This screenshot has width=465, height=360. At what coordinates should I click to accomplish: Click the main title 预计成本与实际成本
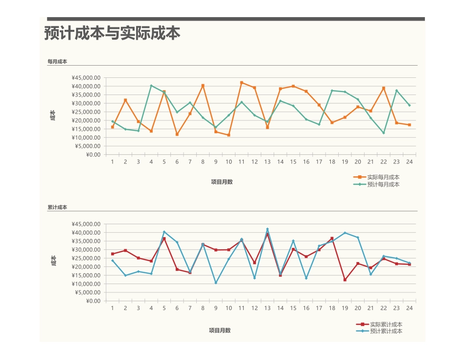[x=112, y=33]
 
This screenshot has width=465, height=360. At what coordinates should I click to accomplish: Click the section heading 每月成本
[x=57, y=62]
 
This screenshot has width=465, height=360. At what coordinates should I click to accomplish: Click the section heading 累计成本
[x=57, y=208]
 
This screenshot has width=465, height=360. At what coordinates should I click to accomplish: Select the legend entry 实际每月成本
[x=383, y=177]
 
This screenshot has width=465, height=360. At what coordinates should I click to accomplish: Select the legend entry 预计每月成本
[x=383, y=185]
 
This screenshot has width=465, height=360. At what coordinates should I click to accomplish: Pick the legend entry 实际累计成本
[x=386, y=324]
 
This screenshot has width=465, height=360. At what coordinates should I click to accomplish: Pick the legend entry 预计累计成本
[x=386, y=331]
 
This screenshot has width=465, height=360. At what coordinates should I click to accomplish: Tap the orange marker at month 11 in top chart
[x=242, y=83]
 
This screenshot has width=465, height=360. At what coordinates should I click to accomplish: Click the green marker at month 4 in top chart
[x=151, y=86]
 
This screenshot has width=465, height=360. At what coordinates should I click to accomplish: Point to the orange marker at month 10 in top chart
[x=229, y=135]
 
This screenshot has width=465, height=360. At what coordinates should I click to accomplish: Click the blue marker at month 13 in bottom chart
[x=267, y=229]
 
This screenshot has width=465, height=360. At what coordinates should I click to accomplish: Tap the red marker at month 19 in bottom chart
[x=345, y=280]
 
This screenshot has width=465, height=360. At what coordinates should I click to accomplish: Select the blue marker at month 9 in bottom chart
[x=216, y=283]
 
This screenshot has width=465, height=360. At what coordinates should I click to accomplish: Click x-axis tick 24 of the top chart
[x=409, y=162]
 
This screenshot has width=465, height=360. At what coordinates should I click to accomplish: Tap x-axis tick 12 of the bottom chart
[x=255, y=308]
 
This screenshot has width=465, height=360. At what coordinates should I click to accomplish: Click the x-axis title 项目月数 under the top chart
[x=222, y=182]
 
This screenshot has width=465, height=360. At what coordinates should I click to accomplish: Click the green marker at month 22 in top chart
[x=384, y=133]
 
